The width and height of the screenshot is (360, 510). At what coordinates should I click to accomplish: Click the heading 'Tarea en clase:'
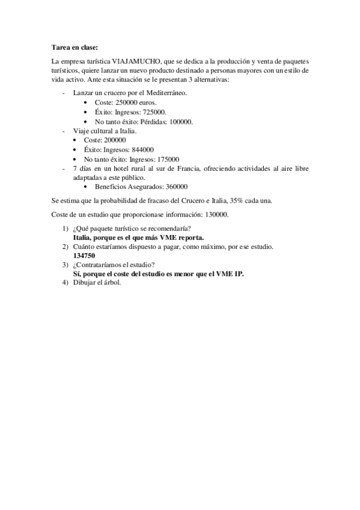tap(74, 47)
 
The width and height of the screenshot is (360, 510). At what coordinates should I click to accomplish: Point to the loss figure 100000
tap(179, 121)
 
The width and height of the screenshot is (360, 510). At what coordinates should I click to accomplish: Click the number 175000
tap(166, 159)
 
